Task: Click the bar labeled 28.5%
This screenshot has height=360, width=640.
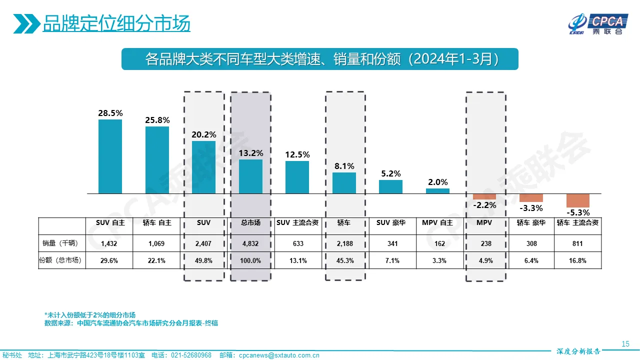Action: (110, 156)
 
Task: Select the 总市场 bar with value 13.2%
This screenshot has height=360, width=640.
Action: (250, 176)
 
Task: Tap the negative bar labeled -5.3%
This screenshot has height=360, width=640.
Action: (577, 200)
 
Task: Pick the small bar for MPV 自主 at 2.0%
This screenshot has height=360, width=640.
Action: (437, 190)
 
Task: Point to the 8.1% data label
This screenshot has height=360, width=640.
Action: (344, 166)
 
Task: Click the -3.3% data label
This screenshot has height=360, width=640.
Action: (531, 208)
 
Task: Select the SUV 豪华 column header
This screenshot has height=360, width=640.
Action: (391, 222)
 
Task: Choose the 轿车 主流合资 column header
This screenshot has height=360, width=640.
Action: (577, 222)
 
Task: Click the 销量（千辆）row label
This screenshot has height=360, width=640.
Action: (61, 243)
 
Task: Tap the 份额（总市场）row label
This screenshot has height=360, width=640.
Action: (61, 260)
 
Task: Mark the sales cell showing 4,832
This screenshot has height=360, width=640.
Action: (250, 243)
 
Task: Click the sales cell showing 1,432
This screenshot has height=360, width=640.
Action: (109, 243)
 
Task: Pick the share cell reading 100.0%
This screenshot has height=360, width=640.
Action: (250, 260)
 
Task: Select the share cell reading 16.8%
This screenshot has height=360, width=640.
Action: (577, 260)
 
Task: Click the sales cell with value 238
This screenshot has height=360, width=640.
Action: (485, 243)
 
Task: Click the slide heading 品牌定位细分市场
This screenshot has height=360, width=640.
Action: (116, 24)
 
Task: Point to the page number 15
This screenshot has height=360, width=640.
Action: (625, 343)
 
